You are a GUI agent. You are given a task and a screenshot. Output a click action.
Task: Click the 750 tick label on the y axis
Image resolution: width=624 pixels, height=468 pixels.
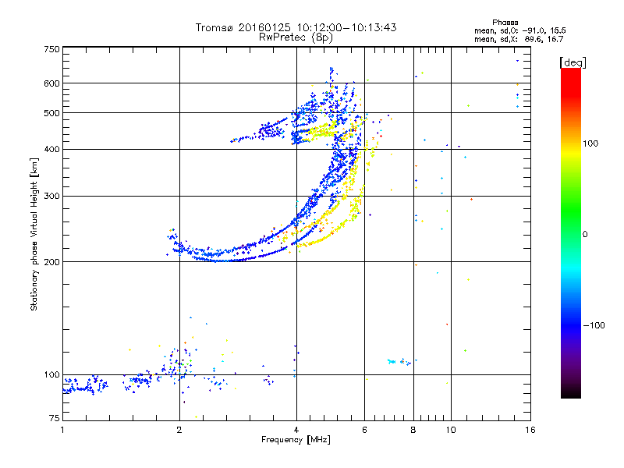51,49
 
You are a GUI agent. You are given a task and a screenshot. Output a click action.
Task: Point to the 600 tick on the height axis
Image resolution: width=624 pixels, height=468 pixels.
51,83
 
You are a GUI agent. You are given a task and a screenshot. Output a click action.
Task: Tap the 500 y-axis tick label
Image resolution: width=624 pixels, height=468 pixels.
51,112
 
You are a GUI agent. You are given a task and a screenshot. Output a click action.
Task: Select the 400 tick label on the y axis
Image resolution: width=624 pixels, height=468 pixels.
51,149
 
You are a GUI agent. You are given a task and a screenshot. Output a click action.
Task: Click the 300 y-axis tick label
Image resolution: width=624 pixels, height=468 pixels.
51,196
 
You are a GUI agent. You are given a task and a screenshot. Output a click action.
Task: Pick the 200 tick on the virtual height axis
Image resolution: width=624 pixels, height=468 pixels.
51,261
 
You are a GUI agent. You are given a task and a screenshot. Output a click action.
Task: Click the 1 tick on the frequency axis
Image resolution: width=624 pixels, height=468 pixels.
62,429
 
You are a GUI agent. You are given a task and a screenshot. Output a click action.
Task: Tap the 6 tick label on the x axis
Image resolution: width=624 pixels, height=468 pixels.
364,429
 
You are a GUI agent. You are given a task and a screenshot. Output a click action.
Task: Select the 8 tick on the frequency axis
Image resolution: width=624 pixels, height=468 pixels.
413,429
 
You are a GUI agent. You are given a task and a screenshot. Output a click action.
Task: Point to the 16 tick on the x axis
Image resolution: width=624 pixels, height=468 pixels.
530,429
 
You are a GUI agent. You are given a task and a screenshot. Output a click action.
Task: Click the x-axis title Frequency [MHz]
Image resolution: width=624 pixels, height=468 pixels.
296,440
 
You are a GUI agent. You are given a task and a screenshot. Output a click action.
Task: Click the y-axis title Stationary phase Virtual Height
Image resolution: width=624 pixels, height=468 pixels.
34,235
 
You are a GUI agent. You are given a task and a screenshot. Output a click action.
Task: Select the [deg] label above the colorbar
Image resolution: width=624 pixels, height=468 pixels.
573,62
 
